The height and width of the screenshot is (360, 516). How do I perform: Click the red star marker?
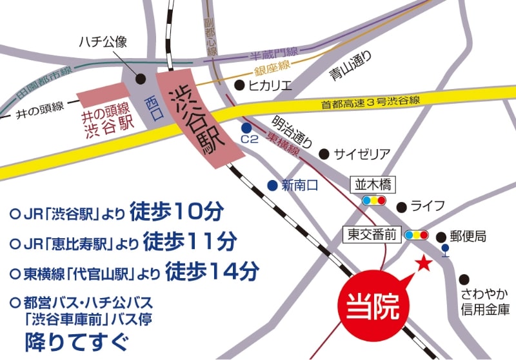pyautogui.click(x=423, y=263)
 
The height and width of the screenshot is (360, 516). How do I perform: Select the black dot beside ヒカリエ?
pyautogui.click(x=239, y=85)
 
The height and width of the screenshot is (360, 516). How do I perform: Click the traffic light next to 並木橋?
pyautogui.click(x=373, y=201)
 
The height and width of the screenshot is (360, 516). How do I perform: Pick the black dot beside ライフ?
pyautogui.click(x=401, y=207)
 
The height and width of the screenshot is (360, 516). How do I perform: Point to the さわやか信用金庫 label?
pyautogui.click(x=484, y=301)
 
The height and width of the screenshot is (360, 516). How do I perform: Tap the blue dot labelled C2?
pyautogui.click(x=246, y=128)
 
